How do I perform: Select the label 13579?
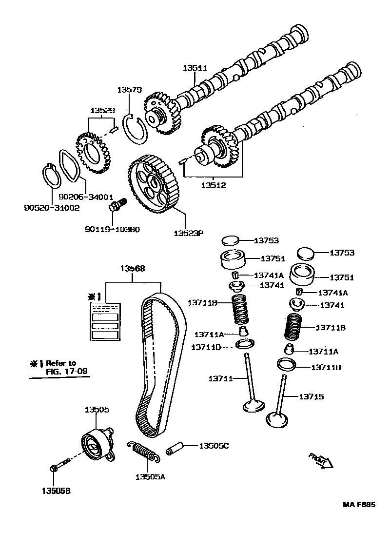click(x=129, y=90)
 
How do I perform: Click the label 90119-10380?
click(x=112, y=229)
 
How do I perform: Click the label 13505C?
click(x=214, y=445)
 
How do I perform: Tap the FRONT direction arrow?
click(x=320, y=460)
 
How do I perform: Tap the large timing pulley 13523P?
click(x=156, y=184)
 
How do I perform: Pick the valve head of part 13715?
click(x=278, y=419)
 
